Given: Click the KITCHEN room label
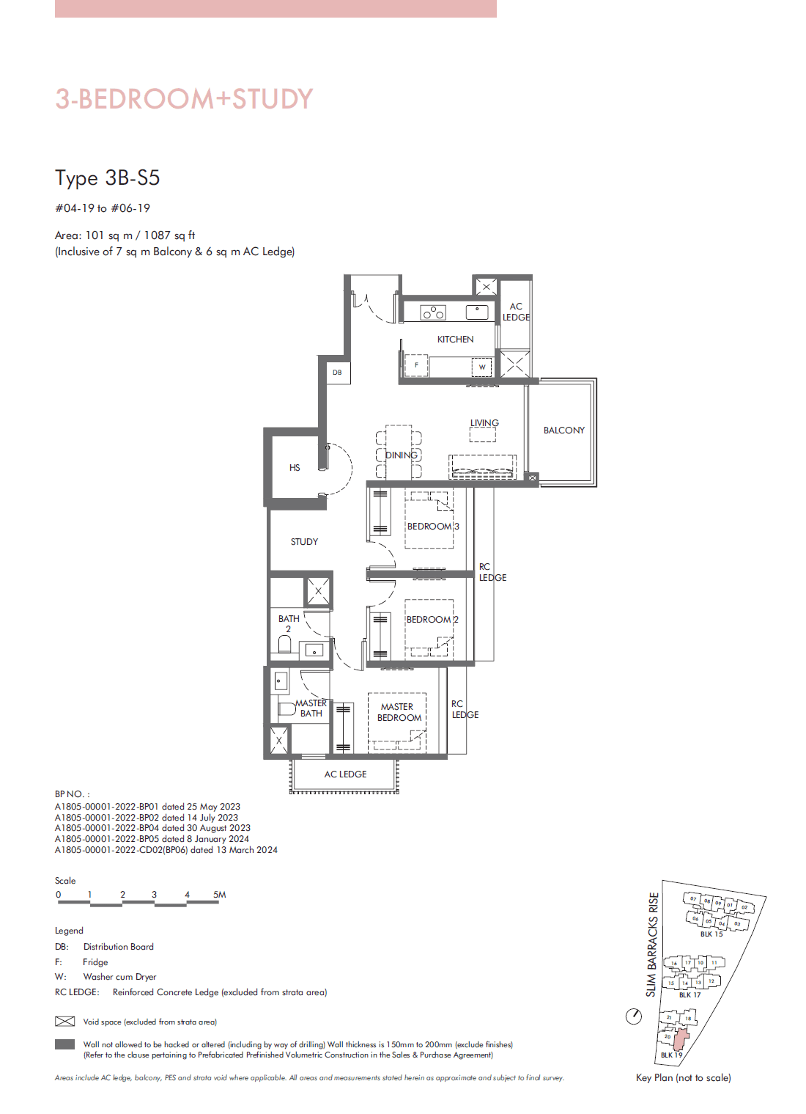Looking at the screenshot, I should tap(455, 340).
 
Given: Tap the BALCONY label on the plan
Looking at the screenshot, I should tap(563, 430).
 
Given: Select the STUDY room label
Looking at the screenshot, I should tap(304, 542).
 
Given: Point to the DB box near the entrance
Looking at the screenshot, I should tap(338, 373).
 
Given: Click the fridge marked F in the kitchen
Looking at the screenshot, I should tap(416, 365).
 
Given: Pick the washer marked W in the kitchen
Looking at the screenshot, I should tap(482, 367).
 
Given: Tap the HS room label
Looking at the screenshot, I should tap(295, 468).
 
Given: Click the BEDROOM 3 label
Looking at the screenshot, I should tap(432, 527).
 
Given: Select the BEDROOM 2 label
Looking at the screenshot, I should tap(432, 620).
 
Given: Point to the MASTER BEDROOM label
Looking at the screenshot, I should tap(399, 712).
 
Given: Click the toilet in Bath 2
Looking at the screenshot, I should tap(285, 644).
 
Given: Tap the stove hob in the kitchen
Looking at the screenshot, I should tap(433, 313).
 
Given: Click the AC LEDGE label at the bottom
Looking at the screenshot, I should tap(345, 774).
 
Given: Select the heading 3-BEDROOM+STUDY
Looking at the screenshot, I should tap(184, 99).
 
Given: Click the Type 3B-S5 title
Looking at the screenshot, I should tap(107, 178).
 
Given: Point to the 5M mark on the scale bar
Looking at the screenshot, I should tap(219, 895).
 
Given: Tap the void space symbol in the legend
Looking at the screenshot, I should tap(65, 1022).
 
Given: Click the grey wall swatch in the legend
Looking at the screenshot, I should tap(65, 1044).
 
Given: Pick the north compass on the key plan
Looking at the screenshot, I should tap(634, 1016).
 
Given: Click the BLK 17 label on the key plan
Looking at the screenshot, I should tap(689, 995).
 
